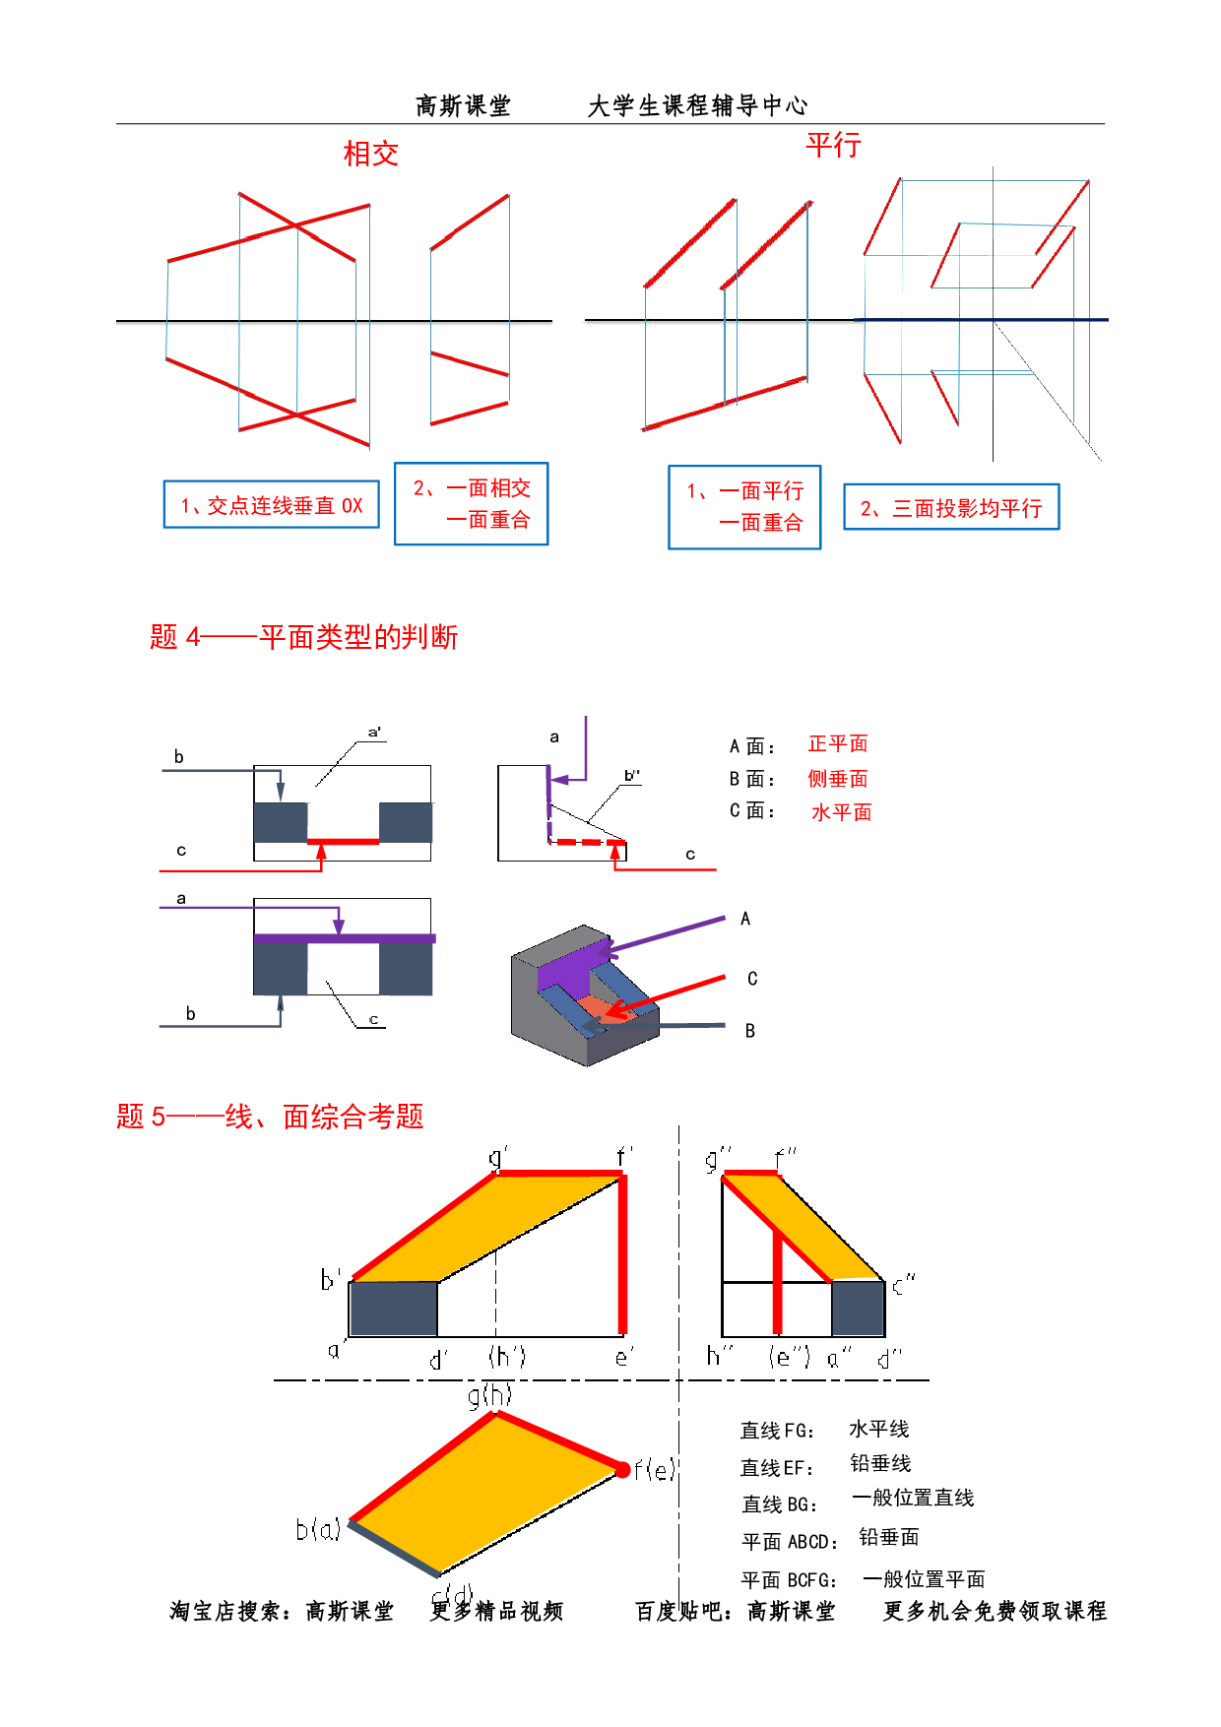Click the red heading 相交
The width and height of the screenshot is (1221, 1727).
point(370,154)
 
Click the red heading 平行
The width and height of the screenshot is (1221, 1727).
point(834,145)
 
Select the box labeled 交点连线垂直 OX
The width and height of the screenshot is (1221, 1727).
point(271,505)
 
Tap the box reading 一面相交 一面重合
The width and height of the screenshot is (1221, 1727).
point(471,503)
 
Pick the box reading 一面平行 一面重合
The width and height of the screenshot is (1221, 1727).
point(744,507)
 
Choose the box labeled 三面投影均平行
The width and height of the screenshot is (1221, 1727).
point(951,508)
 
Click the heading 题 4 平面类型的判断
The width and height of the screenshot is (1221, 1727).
point(303,637)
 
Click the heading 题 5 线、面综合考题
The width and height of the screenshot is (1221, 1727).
point(270,1117)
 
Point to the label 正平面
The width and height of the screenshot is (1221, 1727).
point(838,743)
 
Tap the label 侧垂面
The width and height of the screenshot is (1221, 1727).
point(838,779)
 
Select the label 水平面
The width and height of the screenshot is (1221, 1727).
point(841,812)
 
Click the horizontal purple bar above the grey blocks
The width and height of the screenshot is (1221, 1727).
point(345,939)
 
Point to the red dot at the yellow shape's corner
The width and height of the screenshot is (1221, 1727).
point(622,1470)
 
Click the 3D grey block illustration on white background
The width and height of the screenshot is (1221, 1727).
point(583,994)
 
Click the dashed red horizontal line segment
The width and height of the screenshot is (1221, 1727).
point(589,843)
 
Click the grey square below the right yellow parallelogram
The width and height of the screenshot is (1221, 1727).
point(858,1308)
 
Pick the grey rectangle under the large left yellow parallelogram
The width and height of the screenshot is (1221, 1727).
point(393,1308)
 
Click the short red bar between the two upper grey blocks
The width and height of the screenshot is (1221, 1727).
point(344,842)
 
